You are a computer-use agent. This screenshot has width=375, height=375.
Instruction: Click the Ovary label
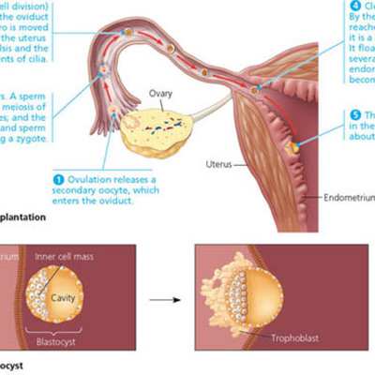coord(160,94)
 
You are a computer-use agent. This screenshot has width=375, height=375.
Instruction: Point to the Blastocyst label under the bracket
coord(58,341)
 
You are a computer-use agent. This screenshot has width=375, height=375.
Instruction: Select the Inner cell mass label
coord(63,255)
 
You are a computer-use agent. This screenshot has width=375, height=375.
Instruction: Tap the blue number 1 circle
coord(57,178)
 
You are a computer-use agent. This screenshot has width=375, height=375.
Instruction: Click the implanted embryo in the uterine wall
coord(293,147)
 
